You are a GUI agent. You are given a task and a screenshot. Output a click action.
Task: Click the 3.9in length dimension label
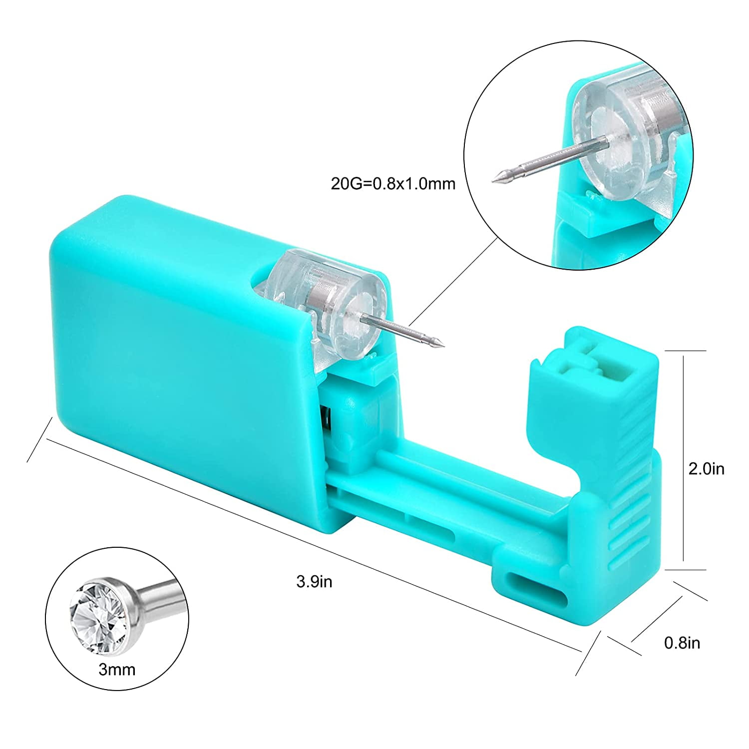tap(314, 582)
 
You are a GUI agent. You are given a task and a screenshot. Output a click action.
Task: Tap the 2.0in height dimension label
tap(706, 469)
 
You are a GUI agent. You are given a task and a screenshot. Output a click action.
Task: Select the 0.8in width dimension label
tap(682, 643)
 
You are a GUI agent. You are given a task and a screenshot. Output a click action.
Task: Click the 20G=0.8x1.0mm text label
tap(393, 184)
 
